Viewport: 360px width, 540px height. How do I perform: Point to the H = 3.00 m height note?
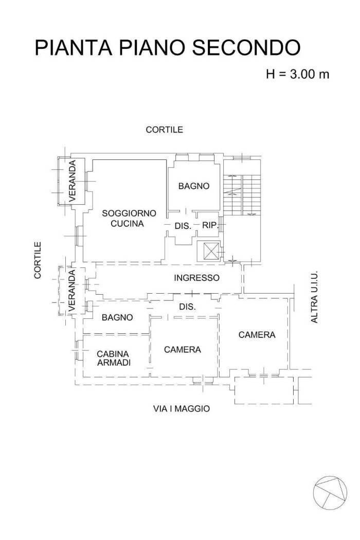click(297, 74)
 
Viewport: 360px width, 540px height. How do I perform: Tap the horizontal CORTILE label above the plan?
click(164, 130)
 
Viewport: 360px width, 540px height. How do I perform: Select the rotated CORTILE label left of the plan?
click(38, 260)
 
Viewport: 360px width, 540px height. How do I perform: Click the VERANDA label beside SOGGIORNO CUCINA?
click(73, 180)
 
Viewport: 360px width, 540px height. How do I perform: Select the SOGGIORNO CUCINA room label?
click(122, 219)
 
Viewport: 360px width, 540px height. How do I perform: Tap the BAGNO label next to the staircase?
click(194, 186)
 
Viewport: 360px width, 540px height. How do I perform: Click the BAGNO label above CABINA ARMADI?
click(117, 318)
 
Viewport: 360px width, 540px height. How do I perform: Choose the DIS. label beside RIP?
click(183, 226)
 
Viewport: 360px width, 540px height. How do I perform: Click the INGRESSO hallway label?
click(196, 278)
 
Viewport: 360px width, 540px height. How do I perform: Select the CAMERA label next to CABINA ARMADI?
click(182, 350)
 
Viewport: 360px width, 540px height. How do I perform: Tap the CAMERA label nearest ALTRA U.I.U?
click(257, 335)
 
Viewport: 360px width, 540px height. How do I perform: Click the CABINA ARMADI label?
click(113, 358)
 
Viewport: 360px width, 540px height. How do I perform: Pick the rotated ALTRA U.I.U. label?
click(315, 297)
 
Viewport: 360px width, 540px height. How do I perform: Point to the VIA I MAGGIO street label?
click(182, 409)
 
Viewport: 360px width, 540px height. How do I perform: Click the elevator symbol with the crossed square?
click(210, 251)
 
